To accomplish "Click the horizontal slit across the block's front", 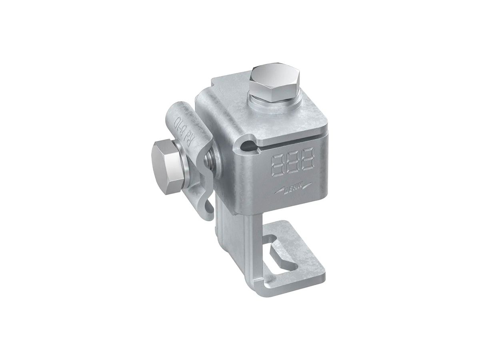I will click(288, 140).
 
